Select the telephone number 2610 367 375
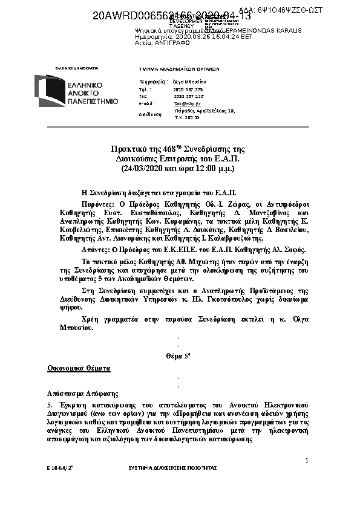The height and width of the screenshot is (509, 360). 188,89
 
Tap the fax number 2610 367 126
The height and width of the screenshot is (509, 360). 188,96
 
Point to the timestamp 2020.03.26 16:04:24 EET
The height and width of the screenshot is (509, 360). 200,36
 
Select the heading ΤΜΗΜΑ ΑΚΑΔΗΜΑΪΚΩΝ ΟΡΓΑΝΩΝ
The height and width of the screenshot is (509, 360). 179,69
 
